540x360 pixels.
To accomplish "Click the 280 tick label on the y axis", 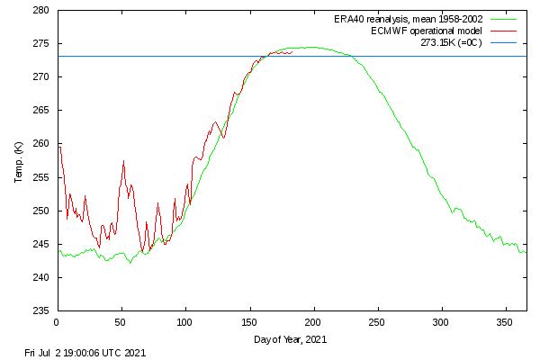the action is point(41,10).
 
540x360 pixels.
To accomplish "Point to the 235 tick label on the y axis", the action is point(41,310).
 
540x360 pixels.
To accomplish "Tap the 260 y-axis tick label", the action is point(41,143).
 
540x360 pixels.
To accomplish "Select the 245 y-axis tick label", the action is point(41,244).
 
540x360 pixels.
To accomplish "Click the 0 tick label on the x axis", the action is point(57,323).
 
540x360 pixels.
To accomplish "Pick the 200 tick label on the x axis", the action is point(312,323).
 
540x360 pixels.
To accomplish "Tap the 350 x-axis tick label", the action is point(505,323).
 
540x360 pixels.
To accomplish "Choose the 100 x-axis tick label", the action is point(184,323).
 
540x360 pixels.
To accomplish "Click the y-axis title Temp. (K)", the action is point(19,162).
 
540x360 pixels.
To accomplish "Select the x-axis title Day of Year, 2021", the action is point(291,339).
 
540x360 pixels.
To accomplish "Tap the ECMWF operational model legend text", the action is point(427,31).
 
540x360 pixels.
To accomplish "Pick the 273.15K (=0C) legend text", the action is point(451,42).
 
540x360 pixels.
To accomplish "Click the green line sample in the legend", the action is point(503,19).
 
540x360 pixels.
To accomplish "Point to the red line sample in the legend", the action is point(503,31).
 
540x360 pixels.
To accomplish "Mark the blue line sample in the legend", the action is point(503,42).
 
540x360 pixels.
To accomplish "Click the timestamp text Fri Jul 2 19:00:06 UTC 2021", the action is point(85,353).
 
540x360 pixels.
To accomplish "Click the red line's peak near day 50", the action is point(123,160).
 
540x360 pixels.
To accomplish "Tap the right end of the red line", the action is point(292,52).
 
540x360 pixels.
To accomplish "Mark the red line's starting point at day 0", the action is point(59,148).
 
